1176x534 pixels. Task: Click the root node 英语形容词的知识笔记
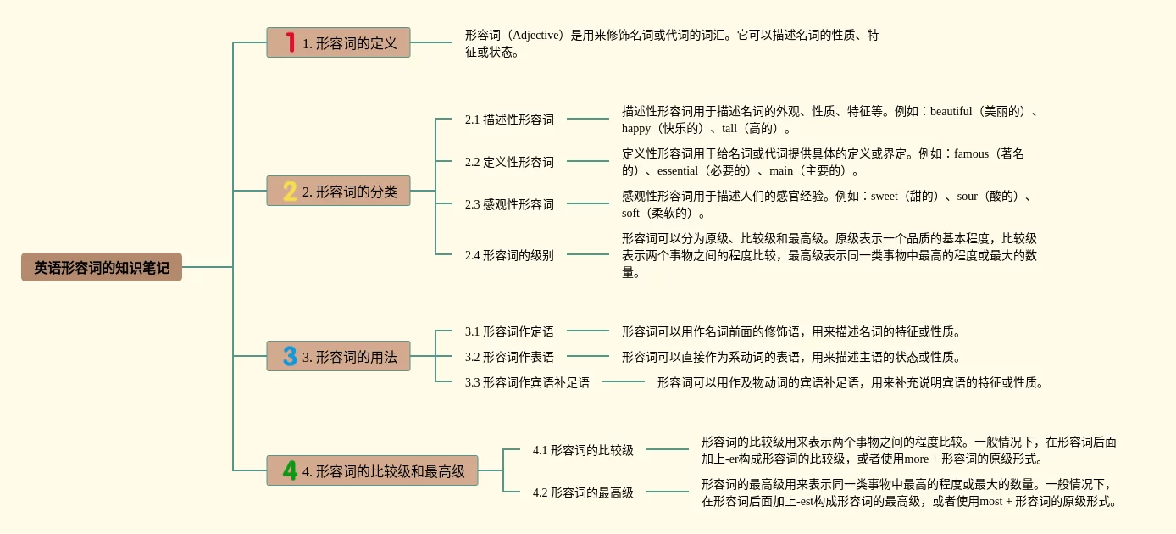[102, 267]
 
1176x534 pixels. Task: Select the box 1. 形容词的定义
[338, 42]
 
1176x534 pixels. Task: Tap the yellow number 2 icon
[290, 192]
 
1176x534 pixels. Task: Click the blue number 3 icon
[290, 356]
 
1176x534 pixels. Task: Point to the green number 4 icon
[290, 470]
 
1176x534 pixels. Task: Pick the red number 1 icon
[290, 42]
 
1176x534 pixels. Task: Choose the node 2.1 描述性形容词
[509, 120]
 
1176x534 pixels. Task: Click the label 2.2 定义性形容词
[509, 162]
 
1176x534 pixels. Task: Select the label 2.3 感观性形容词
[509, 204]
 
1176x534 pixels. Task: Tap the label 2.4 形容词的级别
[509, 254]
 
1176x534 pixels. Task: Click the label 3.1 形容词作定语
[509, 331]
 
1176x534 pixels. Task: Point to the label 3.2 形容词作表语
[509, 357]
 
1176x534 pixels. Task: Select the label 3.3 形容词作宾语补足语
[527, 382]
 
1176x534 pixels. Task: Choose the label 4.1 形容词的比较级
[583, 450]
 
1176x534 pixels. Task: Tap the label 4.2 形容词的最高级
[583, 492]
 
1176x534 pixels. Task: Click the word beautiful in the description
[951, 111]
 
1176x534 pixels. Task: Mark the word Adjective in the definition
[537, 35]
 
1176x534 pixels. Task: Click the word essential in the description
[677, 170]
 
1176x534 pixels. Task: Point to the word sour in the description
[967, 196]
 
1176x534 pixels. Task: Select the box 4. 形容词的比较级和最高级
[372, 470]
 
